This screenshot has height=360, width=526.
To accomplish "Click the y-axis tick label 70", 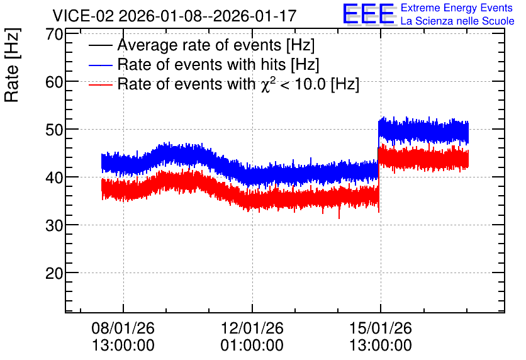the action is point(54,34).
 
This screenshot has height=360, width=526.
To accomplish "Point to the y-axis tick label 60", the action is point(54,82).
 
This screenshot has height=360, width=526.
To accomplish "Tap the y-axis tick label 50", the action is point(54,130).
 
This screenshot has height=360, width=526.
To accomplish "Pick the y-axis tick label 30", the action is point(54,226).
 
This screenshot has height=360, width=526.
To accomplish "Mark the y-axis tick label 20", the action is point(54,274).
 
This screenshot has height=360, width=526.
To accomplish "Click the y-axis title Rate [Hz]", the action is point(12,65).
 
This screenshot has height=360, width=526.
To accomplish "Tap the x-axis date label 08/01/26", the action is point(123,328).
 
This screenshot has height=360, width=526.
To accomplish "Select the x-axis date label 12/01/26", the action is point(252,328).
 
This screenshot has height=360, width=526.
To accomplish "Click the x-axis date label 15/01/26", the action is point(381,328).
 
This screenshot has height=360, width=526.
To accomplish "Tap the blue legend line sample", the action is point(100,65).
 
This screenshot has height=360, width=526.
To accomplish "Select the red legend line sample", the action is point(100,85).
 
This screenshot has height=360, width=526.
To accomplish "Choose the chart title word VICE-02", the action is point(84,16).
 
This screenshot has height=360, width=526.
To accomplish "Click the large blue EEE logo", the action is point(369,14).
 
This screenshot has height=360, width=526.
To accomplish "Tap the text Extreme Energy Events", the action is point(457,8).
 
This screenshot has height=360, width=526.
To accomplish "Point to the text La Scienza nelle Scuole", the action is point(457,21).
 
